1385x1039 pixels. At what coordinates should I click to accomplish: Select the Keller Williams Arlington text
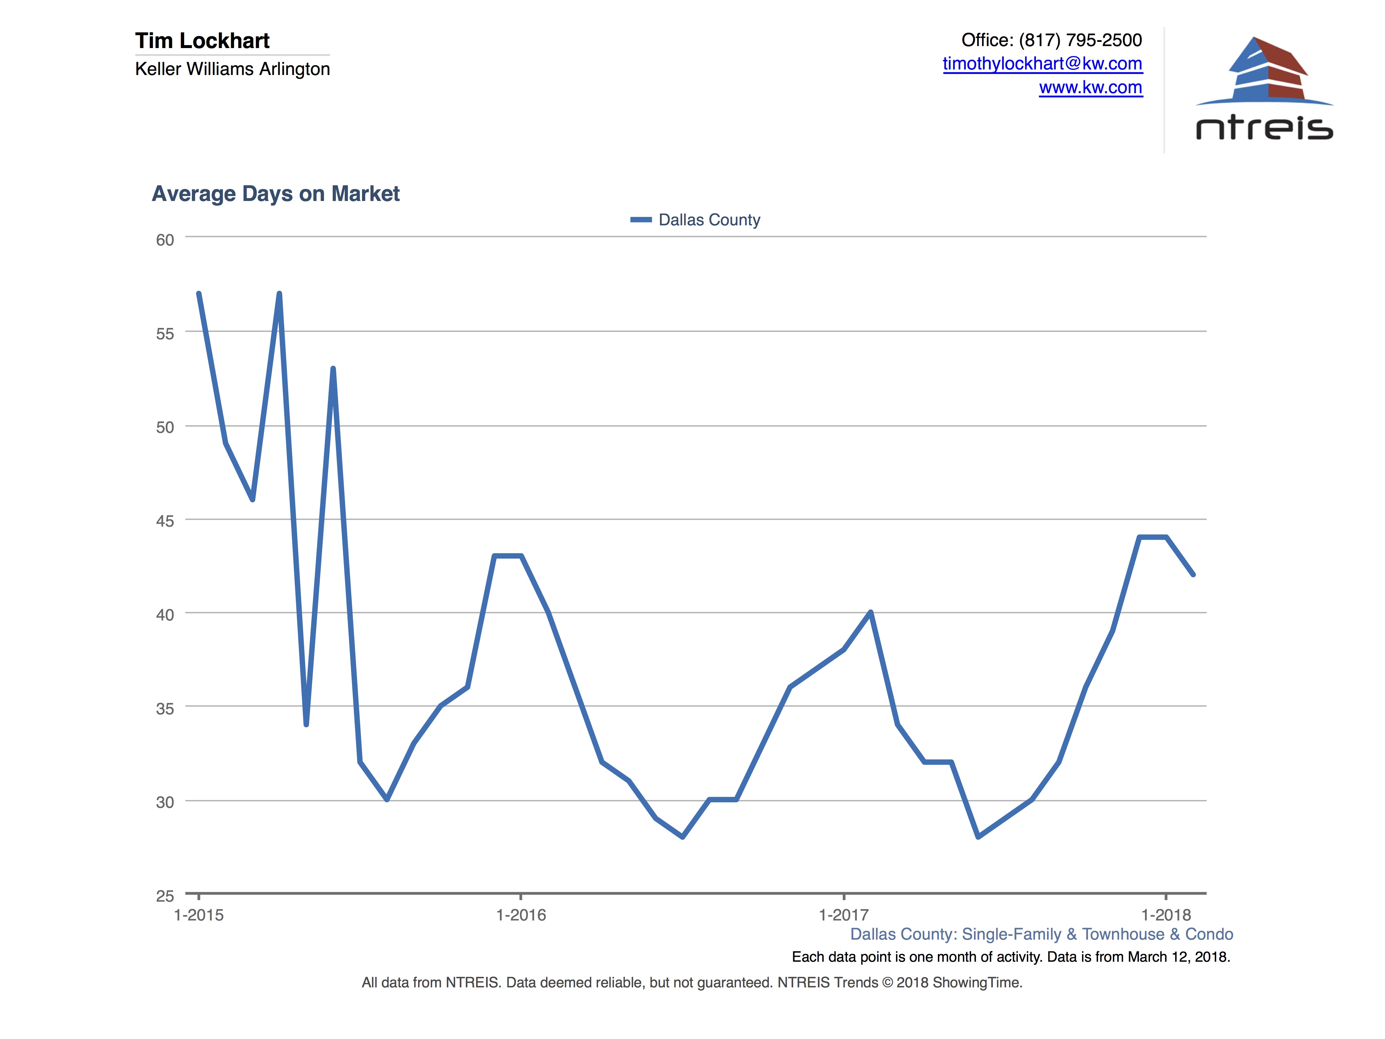pyautogui.click(x=232, y=69)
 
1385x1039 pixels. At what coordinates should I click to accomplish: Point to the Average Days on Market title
pyautogui.click(x=276, y=194)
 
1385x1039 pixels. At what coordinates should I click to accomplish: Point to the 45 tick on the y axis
pyautogui.click(x=165, y=521)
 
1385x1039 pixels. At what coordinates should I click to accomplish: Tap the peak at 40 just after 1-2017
pyautogui.click(x=870, y=612)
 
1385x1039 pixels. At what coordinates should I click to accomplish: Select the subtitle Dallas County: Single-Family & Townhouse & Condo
pyautogui.click(x=1041, y=934)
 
